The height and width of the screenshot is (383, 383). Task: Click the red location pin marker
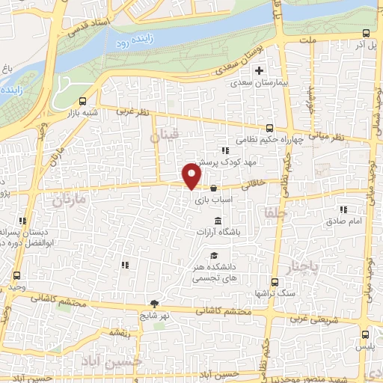pos(192,176)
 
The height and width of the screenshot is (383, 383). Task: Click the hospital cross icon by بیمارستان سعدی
pos(259,71)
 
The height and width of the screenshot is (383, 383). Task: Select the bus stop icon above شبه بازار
pos(82,101)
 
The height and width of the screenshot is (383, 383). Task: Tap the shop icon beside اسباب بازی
pos(215,188)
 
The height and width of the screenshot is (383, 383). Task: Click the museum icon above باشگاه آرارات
pos(218,221)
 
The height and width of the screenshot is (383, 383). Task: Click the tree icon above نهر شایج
pos(154,303)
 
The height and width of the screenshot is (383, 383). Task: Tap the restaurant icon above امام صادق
pos(343,210)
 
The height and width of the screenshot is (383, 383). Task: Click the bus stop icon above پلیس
pos(365,335)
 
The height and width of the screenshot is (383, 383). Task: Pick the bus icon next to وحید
pos(16,275)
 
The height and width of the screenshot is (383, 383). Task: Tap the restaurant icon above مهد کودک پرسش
pos(224,150)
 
